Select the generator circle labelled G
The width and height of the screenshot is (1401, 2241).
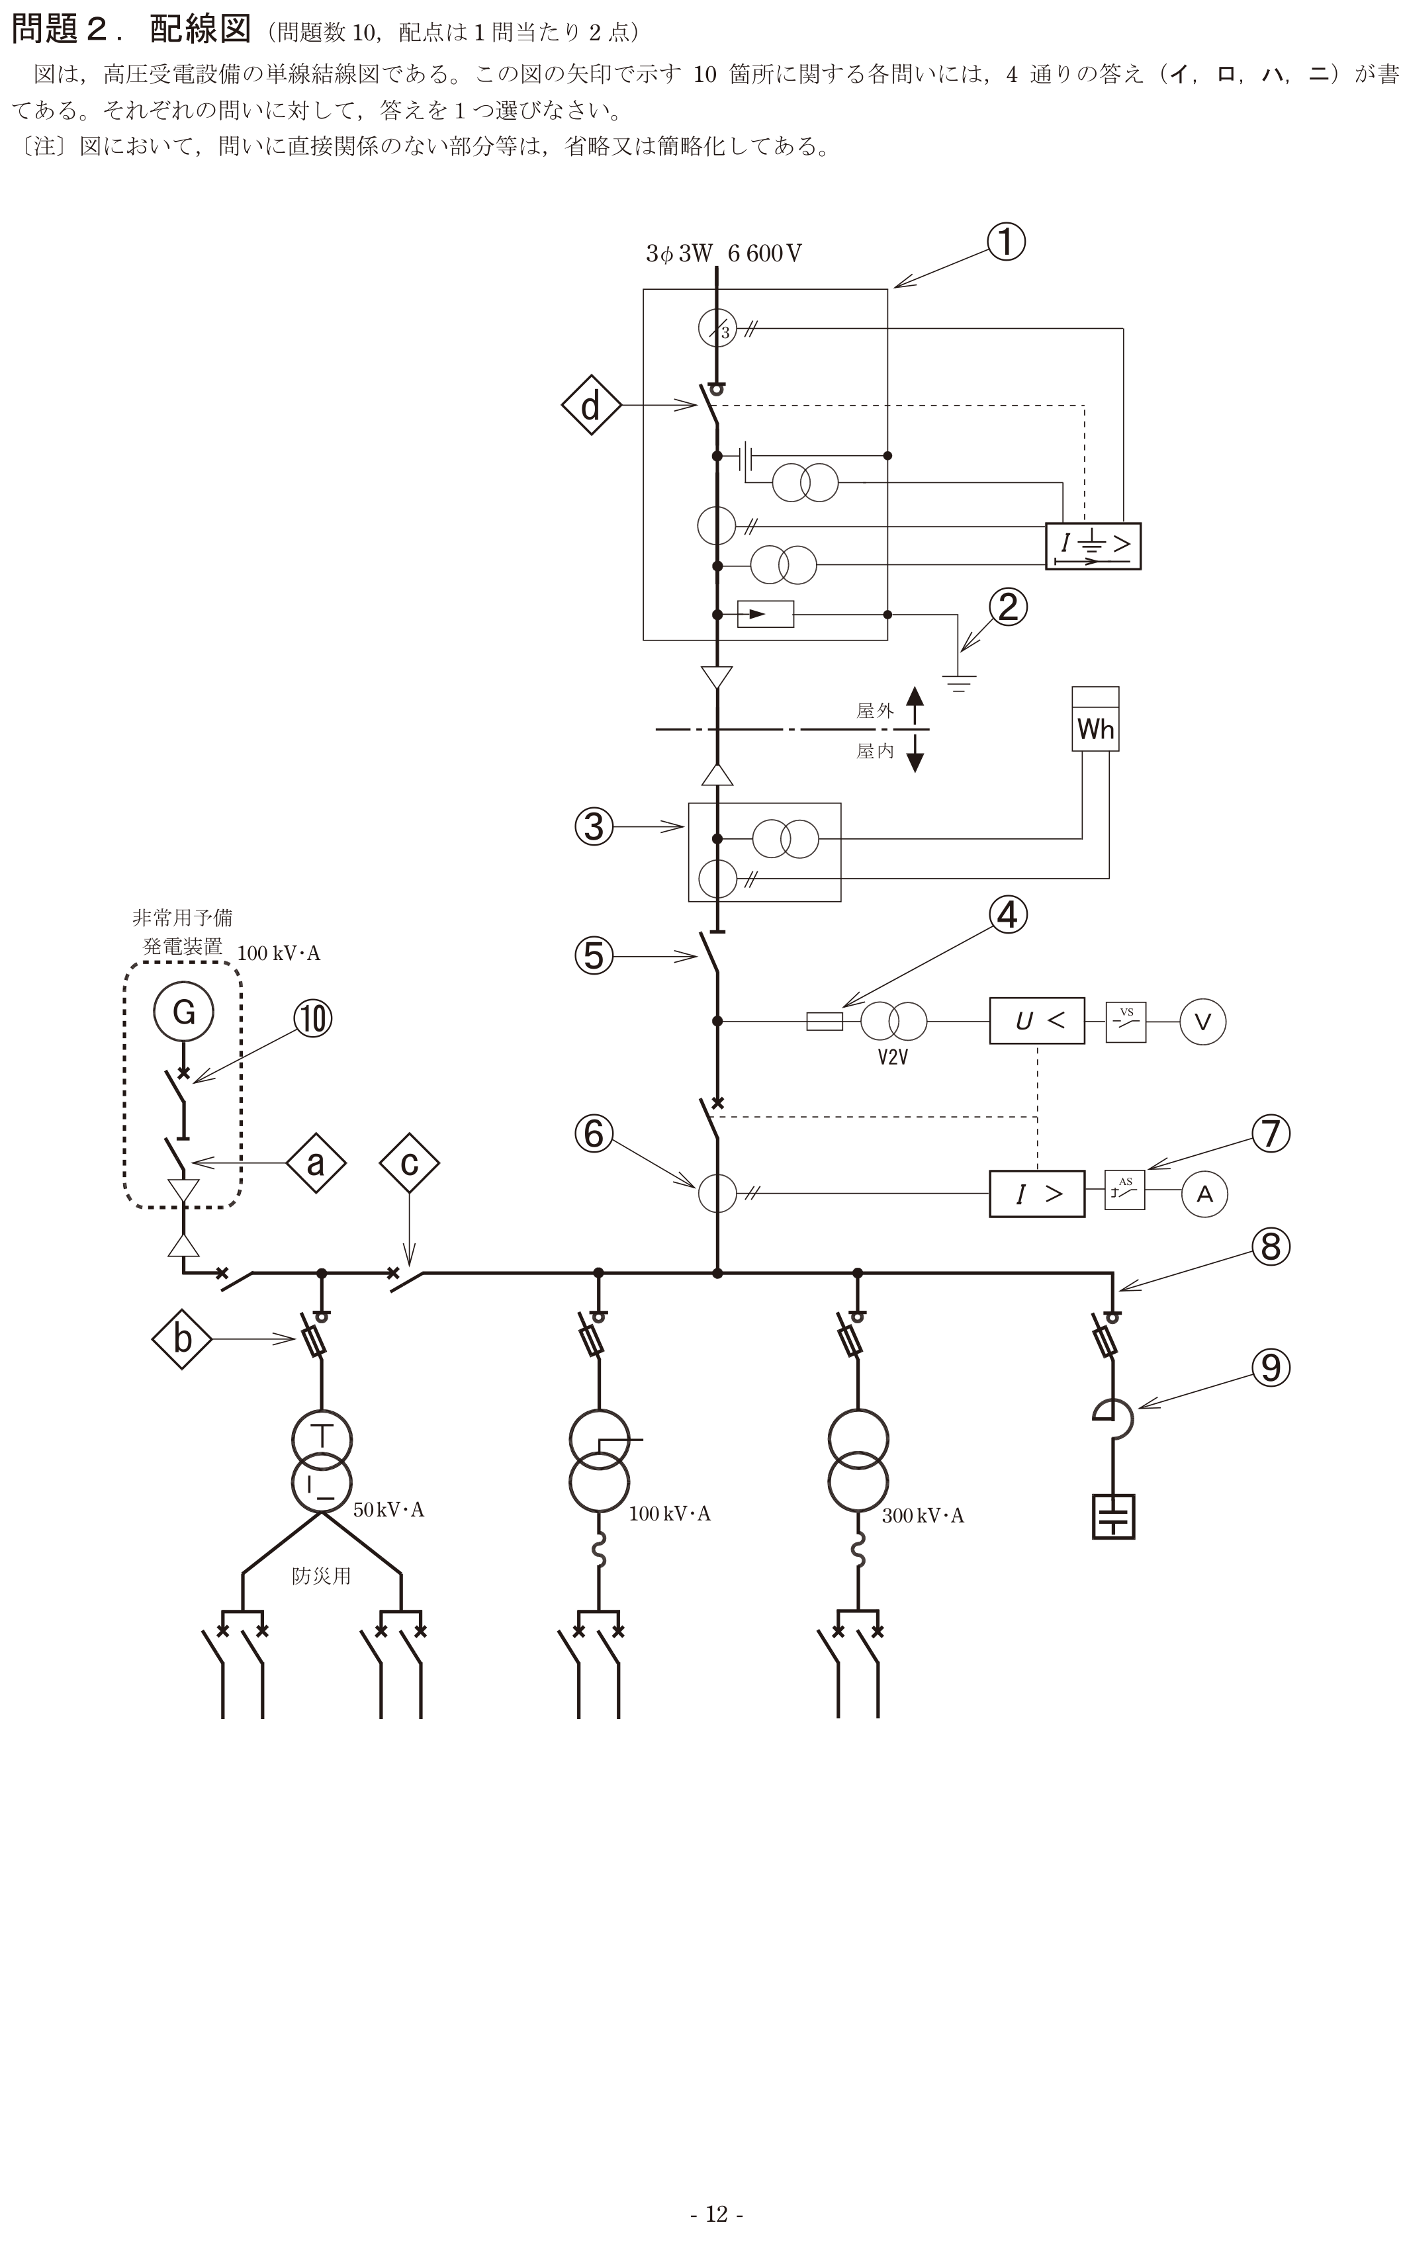(x=183, y=1012)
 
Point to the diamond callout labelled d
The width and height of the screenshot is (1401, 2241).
(x=591, y=406)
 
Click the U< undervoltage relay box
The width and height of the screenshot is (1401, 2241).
(x=1037, y=1021)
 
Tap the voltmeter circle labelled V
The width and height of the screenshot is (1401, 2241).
(x=1202, y=1022)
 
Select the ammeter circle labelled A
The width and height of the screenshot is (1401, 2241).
(x=1204, y=1194)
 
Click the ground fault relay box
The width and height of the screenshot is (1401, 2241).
(x=1093, y=546)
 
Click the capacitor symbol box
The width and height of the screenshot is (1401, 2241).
(x=1113, y=1516)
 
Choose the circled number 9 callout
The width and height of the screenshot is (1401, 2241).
(x=1271, y=1368)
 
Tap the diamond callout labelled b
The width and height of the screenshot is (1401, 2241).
(x=183, y=1339)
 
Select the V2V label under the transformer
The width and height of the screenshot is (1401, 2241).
(x=892, y=1057)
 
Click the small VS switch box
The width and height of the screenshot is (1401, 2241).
(x=1126, y=1022)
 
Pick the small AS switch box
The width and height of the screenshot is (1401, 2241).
(x=1125, y=1190)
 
